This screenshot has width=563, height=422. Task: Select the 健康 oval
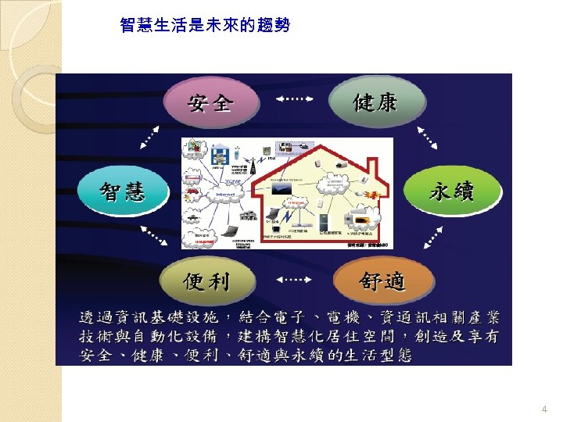coord(375,102)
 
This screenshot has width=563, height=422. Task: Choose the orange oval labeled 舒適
coord(382,280)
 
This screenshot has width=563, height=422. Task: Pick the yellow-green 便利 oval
coord(205,280)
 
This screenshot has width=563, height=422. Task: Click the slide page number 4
coord(544,409)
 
